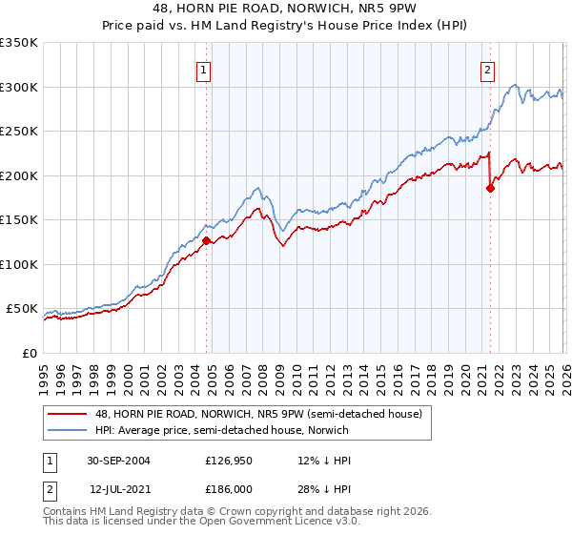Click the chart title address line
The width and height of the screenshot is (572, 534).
286,9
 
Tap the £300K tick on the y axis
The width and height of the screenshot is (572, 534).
19,87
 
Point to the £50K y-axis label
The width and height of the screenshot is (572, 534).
22,309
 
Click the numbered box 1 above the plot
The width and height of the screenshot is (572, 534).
205,69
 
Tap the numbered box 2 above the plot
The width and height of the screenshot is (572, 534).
487,69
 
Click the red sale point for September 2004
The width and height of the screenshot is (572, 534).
206,241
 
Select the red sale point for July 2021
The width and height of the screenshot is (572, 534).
490,188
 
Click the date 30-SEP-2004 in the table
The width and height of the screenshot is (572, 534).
119,460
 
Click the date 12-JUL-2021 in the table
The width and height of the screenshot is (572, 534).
119,488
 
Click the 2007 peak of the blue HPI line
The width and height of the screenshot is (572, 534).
257,188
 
